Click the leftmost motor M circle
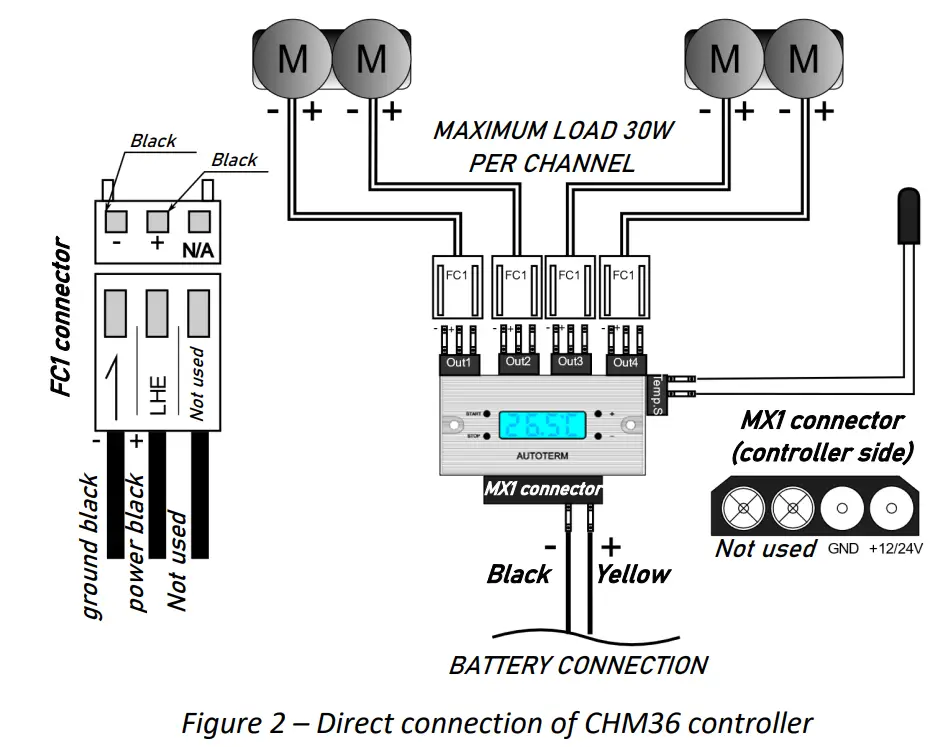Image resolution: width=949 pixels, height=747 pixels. tap(292, 59)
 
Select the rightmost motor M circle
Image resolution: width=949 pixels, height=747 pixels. tap(802, 59)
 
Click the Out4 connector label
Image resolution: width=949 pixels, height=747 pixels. tap(624, 361)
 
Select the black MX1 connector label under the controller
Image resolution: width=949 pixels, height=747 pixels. tap(543, 489)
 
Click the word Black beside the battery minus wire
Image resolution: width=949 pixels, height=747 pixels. tap(518, 574)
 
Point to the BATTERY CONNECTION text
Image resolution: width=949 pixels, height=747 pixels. tap(578, 665)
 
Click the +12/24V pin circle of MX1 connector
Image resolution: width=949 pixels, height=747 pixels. tap(887, 509)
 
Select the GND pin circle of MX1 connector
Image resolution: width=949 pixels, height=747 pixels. tap(841, 509)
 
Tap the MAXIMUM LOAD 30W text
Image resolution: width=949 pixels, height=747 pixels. tap(552, 131)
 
